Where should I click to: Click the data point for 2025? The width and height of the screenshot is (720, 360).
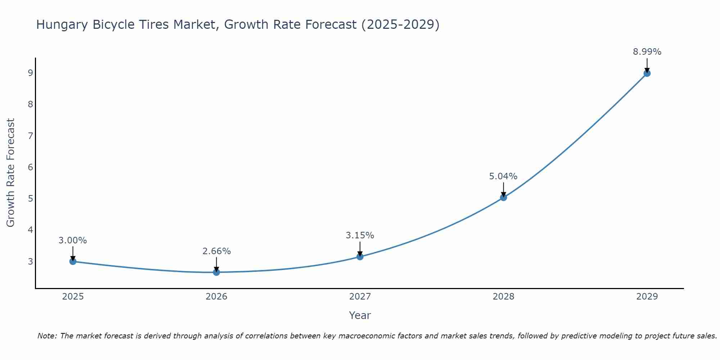(x=73, y=261)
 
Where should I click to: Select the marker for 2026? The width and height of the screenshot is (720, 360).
(x=216, y=272)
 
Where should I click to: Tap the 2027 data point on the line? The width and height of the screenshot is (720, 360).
(x=360, y=257)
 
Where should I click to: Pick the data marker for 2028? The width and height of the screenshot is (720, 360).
(x=503, y=197)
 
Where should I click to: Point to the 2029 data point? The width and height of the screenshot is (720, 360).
(x=647, y=73)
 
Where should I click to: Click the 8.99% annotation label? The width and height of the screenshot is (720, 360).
(x=647, y=52)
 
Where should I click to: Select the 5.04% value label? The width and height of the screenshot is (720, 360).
(x=503, y=176)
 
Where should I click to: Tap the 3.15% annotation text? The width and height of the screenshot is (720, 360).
(x=360, y=235)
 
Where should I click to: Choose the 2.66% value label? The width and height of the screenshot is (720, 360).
(x=216, y=251)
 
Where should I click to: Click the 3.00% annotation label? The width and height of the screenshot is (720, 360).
(x=73, y=240)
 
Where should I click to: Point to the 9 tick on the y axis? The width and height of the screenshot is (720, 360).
(x=30, y=73)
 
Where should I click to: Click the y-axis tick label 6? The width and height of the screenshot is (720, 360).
(x=30, y=167)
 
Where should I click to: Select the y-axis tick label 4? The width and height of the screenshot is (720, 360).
(x=30, y=230)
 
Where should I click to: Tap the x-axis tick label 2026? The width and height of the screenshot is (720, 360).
(x=216, y=297)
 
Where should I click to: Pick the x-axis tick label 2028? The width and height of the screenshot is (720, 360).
(x=503, y=297)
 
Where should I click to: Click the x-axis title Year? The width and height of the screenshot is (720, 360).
(x=360, y=315)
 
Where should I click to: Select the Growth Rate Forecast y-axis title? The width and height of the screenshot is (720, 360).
(x=11, y=173)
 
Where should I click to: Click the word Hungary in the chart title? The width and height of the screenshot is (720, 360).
(x=62, y=24)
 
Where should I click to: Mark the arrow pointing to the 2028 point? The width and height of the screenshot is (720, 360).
(x=503, y=189)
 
